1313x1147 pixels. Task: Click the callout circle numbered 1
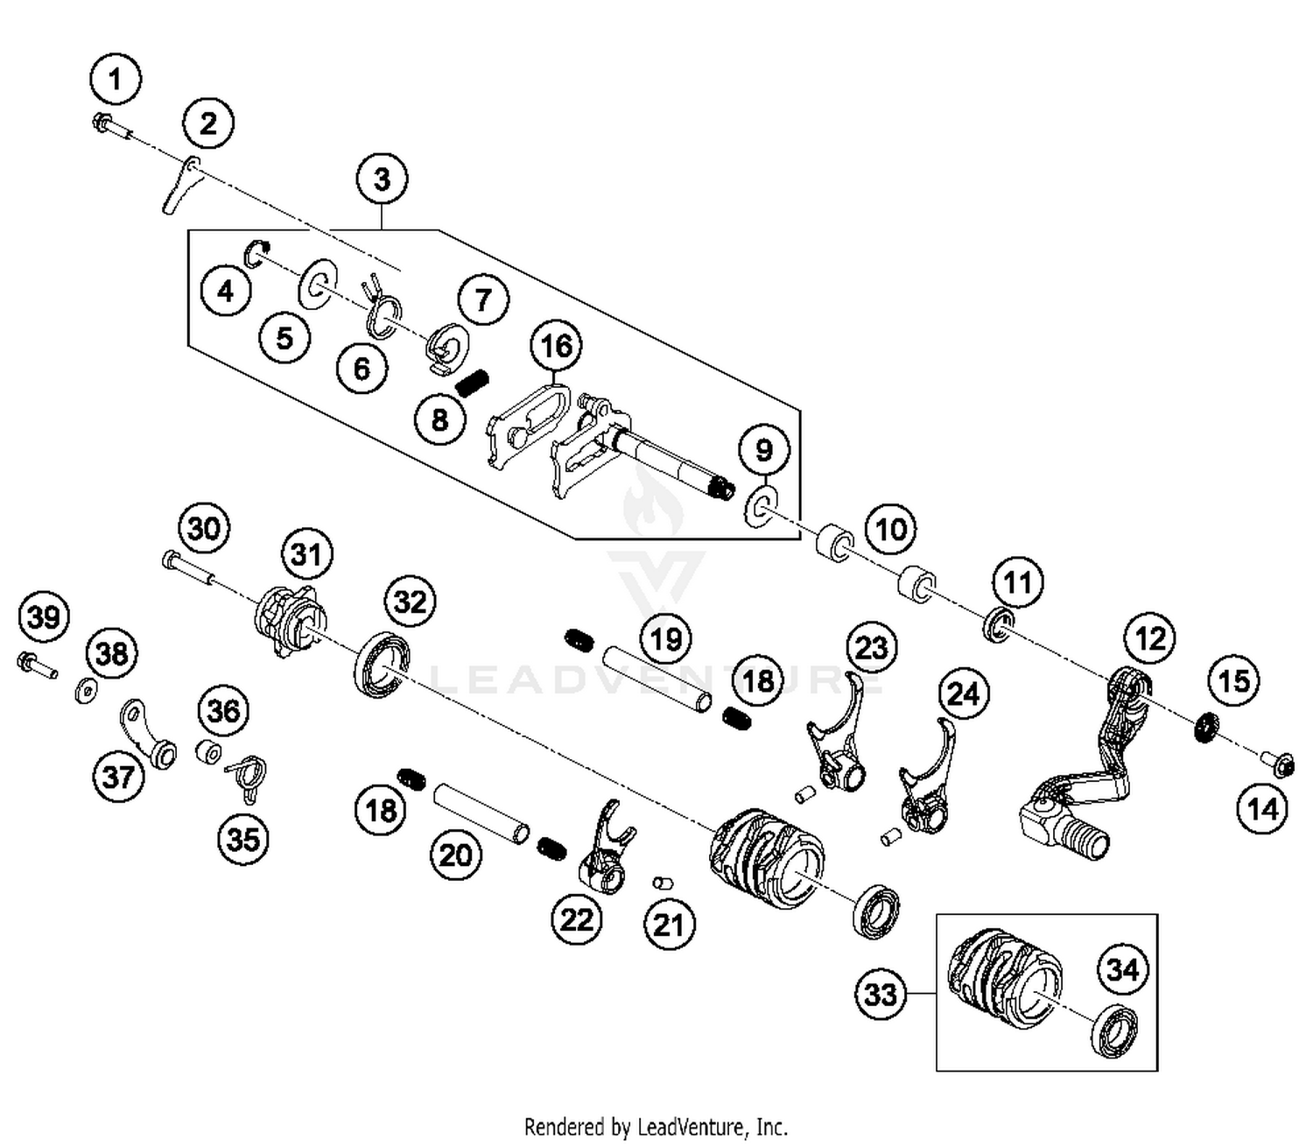tap(115, 80)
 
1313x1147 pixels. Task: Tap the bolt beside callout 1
tap(109, 127)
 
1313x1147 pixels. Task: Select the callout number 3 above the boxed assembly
tap(383, 179)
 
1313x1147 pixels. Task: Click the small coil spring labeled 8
tap(474, 383)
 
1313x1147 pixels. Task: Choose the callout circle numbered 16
tap(557, 347)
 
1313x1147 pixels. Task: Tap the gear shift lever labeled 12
tap(1085, 771)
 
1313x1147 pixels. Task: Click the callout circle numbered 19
tap(666, 639)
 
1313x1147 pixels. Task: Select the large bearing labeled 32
tap(383, 663)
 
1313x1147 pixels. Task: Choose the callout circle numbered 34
tap(1122, 969)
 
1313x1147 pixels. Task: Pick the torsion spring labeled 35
tap(249, 775)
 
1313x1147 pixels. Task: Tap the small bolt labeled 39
tap(35, 665)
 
